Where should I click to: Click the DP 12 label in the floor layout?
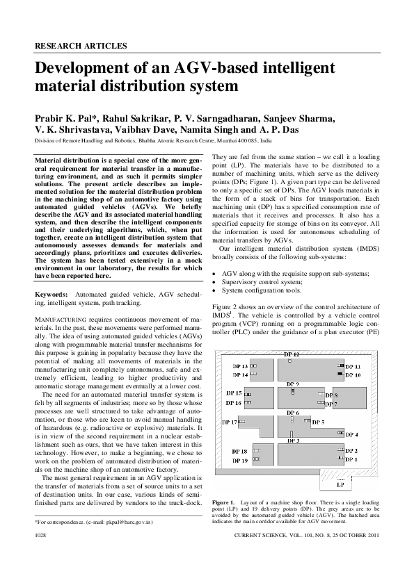(x=292, y=354)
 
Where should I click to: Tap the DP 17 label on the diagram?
(x=229, y=422)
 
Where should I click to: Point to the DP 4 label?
(x=351, y=435)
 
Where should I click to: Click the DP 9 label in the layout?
(x=292, y=384)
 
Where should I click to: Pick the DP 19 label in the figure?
(x=239, y=460)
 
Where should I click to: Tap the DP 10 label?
(x=353, y=375)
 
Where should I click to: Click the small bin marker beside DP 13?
(x=254, y=366)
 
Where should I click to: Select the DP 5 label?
(x=318, y=422)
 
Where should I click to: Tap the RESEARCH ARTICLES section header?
(x=81, y=46)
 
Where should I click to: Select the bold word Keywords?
(x=51, y=295)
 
